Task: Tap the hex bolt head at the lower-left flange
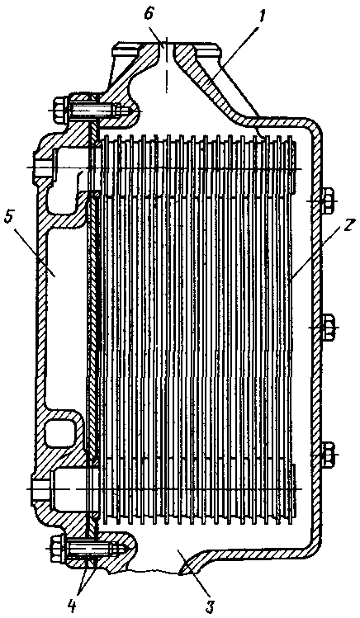[58, 549]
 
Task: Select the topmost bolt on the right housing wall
[328, 201]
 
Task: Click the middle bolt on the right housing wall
[328, 327]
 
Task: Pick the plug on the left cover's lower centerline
[40, 488]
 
